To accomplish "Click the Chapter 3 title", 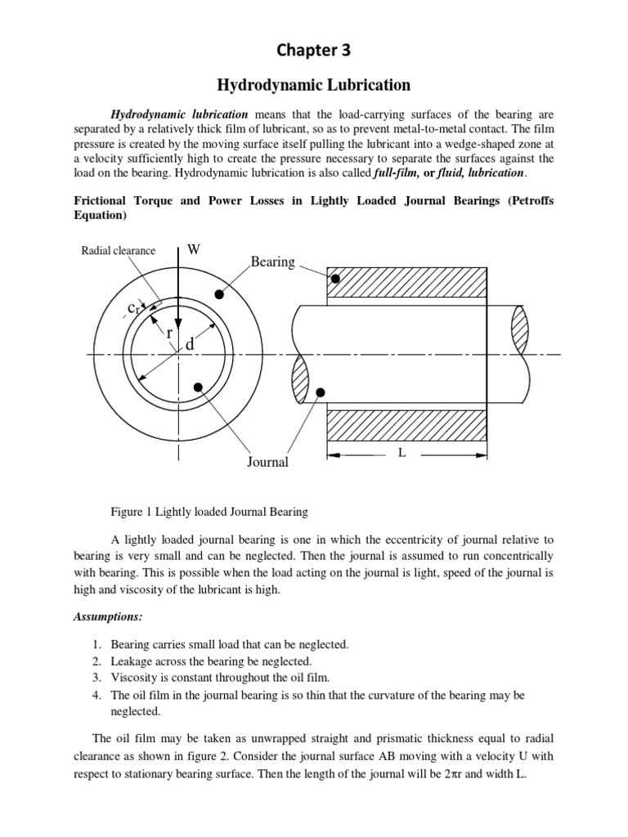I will point(314,51).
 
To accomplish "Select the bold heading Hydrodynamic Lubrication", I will point(313,85).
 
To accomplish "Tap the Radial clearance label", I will point(118,251).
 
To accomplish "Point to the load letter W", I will point(194,249).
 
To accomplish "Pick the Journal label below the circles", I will point(267,463).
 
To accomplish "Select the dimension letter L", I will point(401,452).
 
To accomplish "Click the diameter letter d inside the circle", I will point(190,346).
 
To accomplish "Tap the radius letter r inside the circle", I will point(168,333).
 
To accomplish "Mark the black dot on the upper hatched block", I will point(335,280).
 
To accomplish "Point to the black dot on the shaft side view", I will point(321,393).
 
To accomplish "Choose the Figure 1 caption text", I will point(209,512).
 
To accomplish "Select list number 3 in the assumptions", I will point(96,678).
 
